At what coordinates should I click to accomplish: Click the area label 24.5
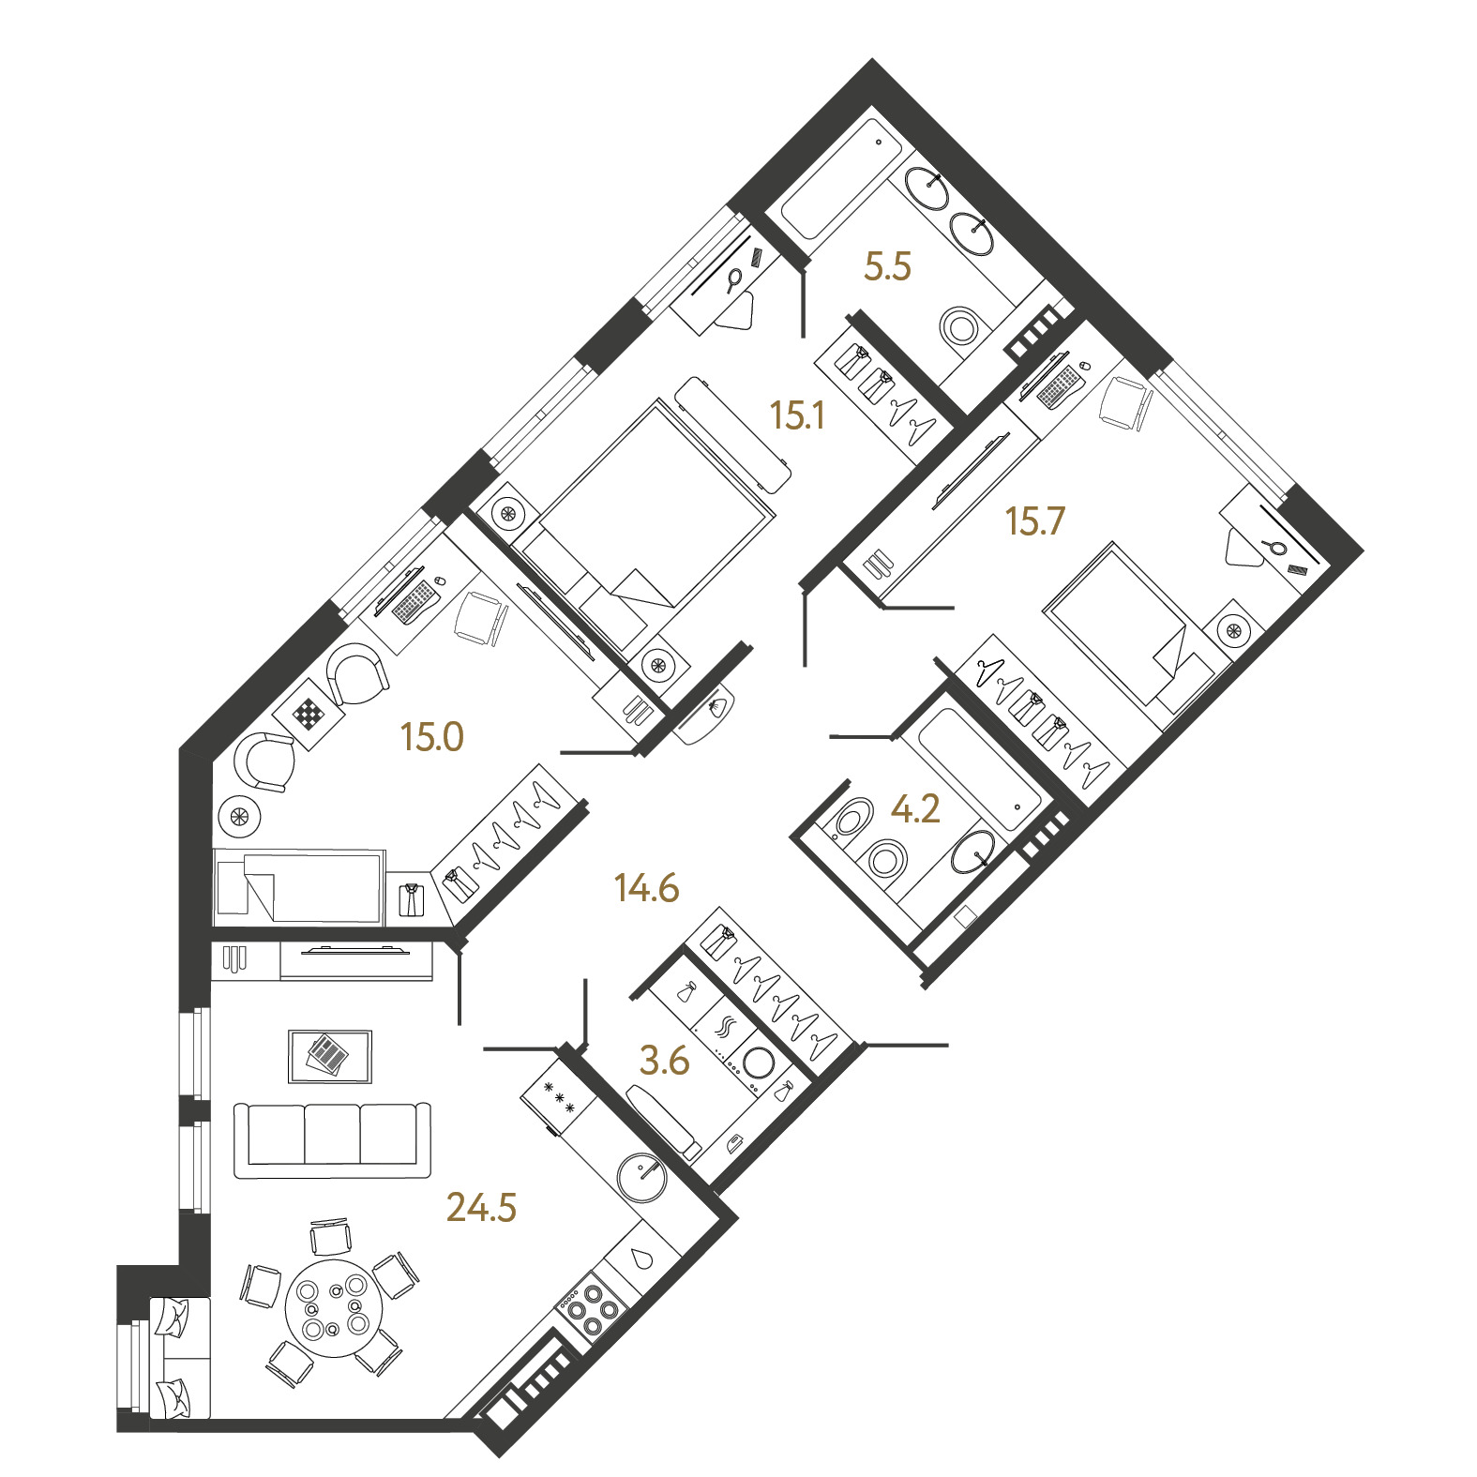point(481,1208)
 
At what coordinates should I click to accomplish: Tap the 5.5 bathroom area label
point(887,267)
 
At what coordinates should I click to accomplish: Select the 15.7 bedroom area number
point(1034,520)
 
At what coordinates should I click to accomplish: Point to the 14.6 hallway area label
point(646,887)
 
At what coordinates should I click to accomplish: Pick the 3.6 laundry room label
point(664,1061)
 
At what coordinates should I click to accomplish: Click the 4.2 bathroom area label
point(914,809)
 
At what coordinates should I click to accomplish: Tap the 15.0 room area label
point(432,737)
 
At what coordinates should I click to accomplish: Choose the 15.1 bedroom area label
point(797,414)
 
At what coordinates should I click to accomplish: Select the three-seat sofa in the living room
point(332,1139)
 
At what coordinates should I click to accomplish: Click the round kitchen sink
point(642,1176)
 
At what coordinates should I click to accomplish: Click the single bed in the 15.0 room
point(300,885)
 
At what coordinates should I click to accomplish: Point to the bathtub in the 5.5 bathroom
point(841,178)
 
